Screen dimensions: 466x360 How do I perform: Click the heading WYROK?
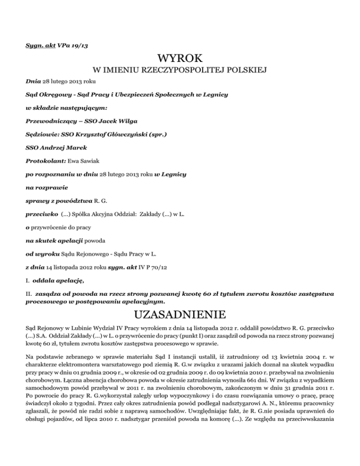pyautogui.click(x=180, y=59)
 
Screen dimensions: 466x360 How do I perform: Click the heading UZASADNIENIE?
pyautogui.click(x=180, y=313)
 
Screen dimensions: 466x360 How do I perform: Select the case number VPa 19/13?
pyautogui.click(x=75, y=45)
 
